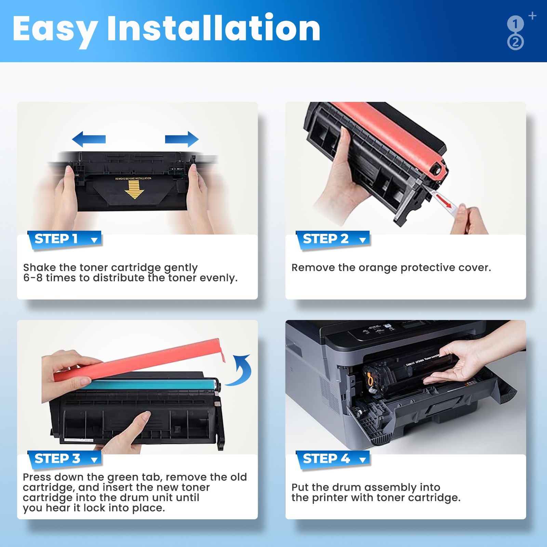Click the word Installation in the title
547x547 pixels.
[214, 29]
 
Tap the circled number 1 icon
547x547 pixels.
[515, 24]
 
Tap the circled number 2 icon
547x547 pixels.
[516, 42]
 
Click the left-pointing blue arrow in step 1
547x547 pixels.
[89, 139]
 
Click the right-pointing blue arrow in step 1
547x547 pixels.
[182, 139]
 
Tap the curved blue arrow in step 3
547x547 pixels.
[241, 371]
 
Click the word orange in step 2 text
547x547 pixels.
[378, 268]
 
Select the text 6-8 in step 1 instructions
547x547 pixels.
[32, 278]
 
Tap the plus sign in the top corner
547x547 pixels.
[532, 16]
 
